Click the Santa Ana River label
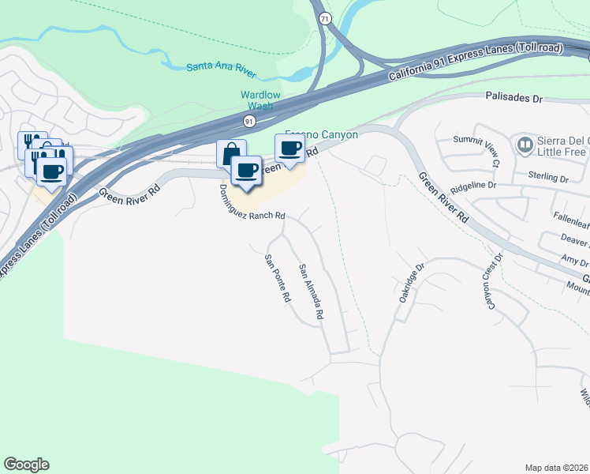tap(222, 69)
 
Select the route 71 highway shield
tap(324, 17)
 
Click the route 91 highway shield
tap(249, 121)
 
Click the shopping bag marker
tap(231, 153)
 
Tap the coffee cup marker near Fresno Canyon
tap(290, 148)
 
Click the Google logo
tap(26, 465)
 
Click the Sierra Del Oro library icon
tap(524, 145)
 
